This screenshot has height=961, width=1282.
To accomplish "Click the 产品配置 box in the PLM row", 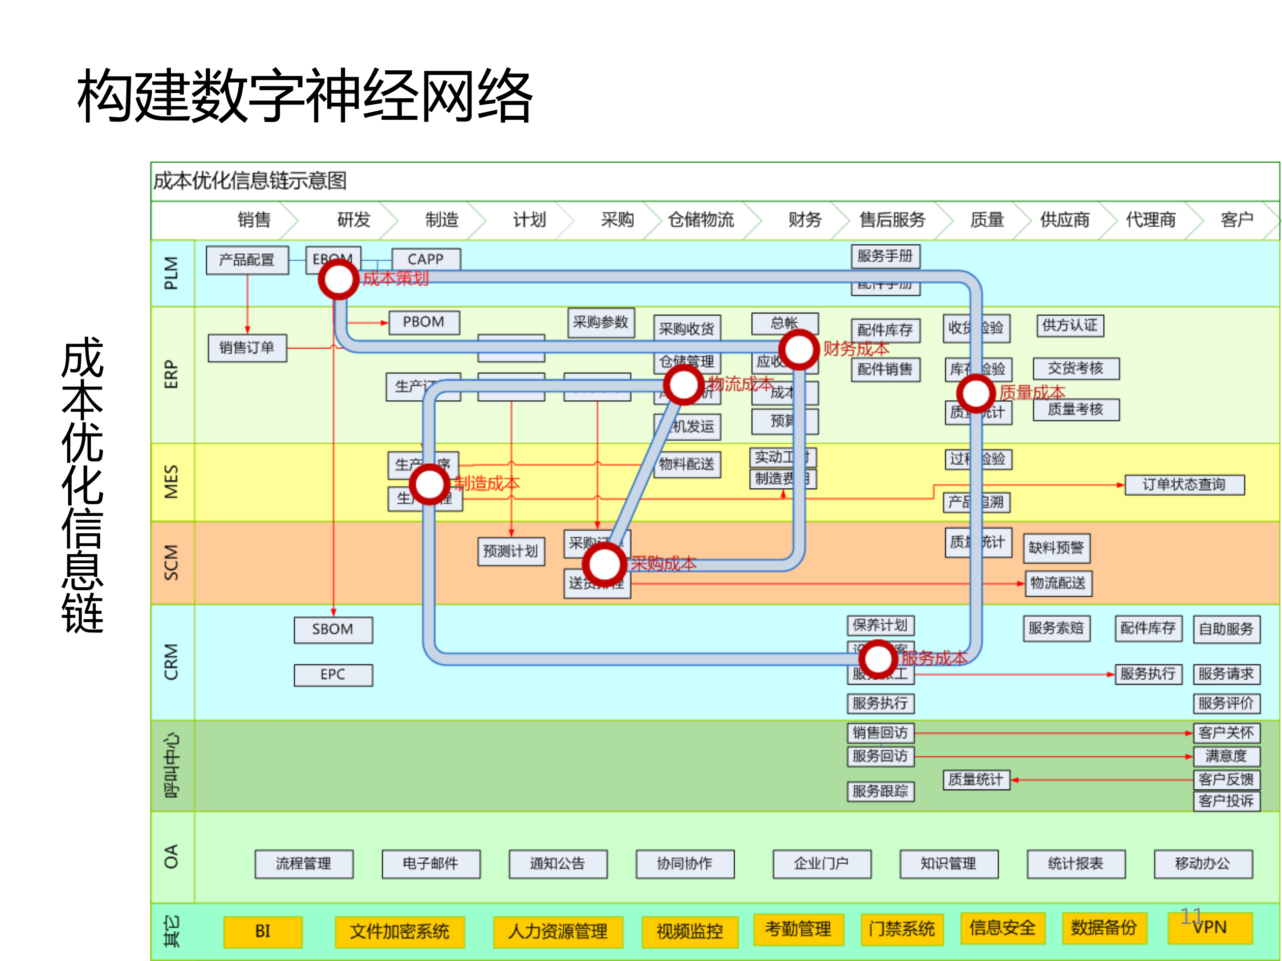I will coord(247,260).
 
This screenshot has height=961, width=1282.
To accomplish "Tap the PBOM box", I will coord(423,322).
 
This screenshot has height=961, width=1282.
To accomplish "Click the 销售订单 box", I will coord(247,348).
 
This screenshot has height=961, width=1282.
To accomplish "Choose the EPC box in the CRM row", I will coord(333,675).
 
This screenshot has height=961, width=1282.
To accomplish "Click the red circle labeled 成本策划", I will coord(338,279).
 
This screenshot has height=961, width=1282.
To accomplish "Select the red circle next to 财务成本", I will coord(799,349).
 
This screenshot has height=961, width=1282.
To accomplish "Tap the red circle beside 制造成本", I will coord(429,484).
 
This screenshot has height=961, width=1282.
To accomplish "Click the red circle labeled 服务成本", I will coord(878,659).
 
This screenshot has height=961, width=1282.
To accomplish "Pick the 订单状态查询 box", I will coord(1184,485).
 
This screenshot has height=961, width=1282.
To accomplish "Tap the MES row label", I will coord(171,482).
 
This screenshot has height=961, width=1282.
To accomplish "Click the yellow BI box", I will coord(263,931).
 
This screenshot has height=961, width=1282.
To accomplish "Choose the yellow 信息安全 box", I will coord(1002,928).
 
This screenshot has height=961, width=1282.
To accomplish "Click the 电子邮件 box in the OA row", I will coord(431,864).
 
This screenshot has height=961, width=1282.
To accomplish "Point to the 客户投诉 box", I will coord(1226,802).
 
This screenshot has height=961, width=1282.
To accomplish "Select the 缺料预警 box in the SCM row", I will coord(1056,548).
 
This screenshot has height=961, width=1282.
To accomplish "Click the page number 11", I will coord(1192,916).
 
